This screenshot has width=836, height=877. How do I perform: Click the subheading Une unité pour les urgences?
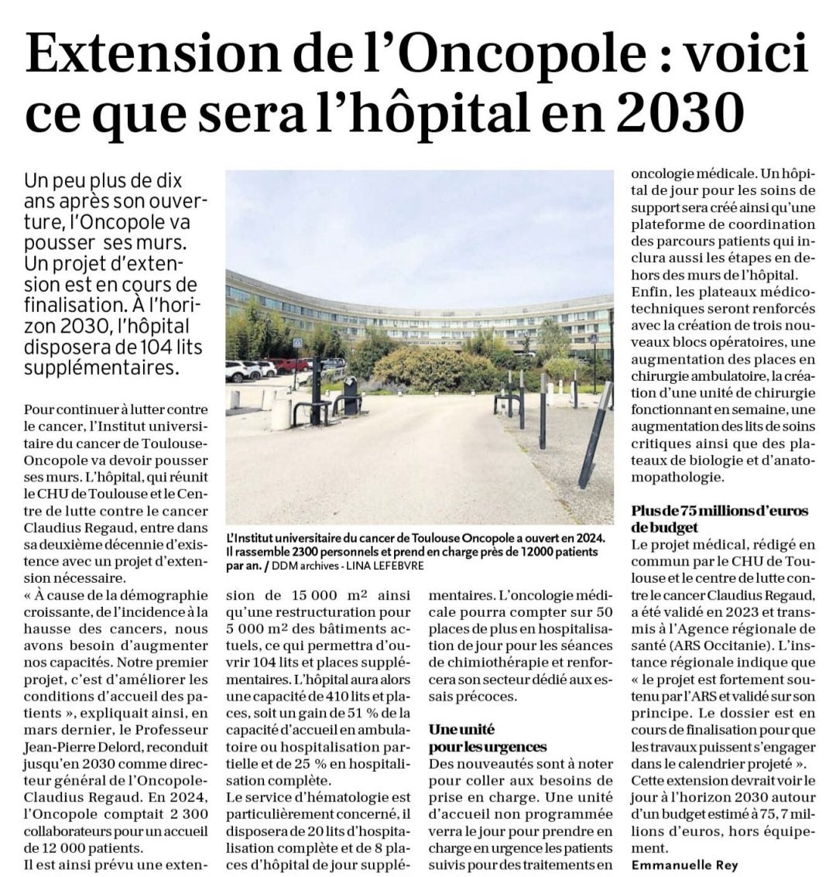coord(488,738)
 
